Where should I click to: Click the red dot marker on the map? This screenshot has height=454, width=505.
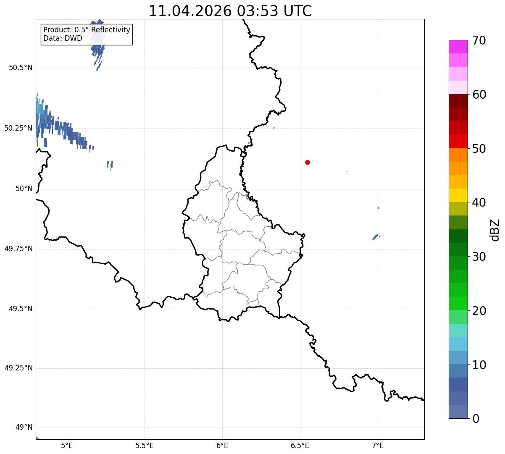(x=308, y=162)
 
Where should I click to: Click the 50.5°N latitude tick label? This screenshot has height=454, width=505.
(x=21, y=68)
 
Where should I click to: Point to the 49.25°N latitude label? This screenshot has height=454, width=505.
(x=18, y=368)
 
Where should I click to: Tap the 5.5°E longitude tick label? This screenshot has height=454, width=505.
(x=145, y=446)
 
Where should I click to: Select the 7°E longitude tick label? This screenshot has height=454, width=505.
(x=378, y=446)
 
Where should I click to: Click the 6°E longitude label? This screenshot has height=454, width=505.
(x=222, y=446)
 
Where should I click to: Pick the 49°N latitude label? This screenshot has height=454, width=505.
(x=24, y=427)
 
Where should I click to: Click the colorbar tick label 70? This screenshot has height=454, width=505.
(x=479, y=40)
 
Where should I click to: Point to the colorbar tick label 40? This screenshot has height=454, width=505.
(x=479, y=202)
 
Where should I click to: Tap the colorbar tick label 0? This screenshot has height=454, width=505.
(x=476, y=419)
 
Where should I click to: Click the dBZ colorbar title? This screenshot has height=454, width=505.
(x=495, y=230)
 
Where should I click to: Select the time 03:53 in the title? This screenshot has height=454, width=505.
(x=258, y=11)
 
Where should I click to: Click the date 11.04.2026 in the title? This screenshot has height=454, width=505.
(x=190, y=11)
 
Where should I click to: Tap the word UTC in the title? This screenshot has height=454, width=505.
(x=298, y=11)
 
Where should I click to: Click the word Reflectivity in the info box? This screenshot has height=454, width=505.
(x=110, y=30)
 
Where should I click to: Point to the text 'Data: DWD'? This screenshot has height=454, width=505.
(x=63, y=38)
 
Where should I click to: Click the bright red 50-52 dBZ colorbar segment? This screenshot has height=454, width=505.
(x=458, y=141)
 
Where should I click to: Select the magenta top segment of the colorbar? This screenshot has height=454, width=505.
(x=458, y=47)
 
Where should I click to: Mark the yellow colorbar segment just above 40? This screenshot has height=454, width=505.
(x=458, y=195)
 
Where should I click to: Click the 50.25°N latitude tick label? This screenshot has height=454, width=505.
(x=18, y=128)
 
